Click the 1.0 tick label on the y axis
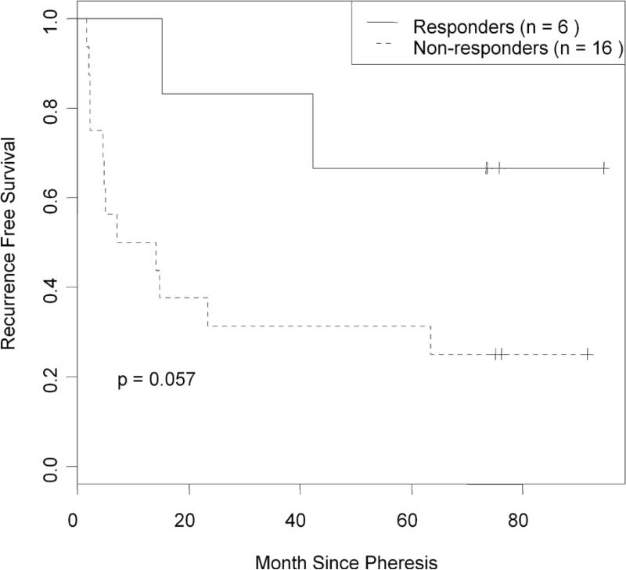pos(49,18)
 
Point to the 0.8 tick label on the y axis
pos(49,108)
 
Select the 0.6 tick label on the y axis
pos(49,197)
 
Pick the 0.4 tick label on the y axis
pos(49,287)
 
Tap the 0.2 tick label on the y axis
pos(49,377)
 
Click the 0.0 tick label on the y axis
pos(49,467)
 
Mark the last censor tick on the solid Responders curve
pos(604,168)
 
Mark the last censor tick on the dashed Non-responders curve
pos(587,354)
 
